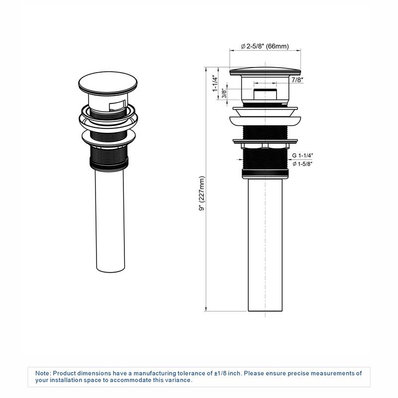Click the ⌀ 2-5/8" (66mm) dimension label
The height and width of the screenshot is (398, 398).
pyautogui.click(x=265, y=46)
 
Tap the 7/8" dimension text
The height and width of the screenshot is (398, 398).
pyautogui.click(x=297, y=80)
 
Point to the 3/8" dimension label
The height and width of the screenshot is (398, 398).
pyautogui.click(x=224, y=94)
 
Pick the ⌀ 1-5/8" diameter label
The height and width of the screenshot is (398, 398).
pyautogui.click(x=304, y=164)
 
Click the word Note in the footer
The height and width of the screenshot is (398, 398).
pyautogui.click(x=43, y=373)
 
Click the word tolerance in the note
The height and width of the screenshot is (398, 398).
pyautogui.click(x=187, y=373)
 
